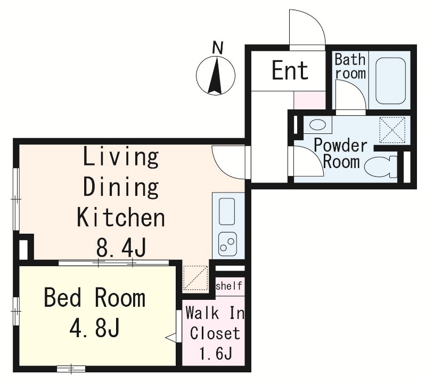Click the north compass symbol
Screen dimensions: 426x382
pos(216,76)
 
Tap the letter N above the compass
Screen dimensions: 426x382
pos(218,47)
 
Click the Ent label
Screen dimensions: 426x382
pos(290,70)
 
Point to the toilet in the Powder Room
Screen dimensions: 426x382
pos(381,167)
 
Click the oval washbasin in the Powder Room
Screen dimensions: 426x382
pos(317,125)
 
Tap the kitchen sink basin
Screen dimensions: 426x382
pos(227,211)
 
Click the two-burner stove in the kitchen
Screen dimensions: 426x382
pos(227,244)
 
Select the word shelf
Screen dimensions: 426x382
pos(229,286)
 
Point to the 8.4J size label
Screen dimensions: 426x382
pos(121,247)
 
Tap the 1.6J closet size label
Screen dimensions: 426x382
pos(216,353)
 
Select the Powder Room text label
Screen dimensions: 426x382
pos(341,154)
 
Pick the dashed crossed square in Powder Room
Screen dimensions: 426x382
pos(392,130)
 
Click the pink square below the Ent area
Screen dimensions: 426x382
pos(310,100)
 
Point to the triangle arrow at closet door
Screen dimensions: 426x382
pos(171,338)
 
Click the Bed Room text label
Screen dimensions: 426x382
pos(95,298)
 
